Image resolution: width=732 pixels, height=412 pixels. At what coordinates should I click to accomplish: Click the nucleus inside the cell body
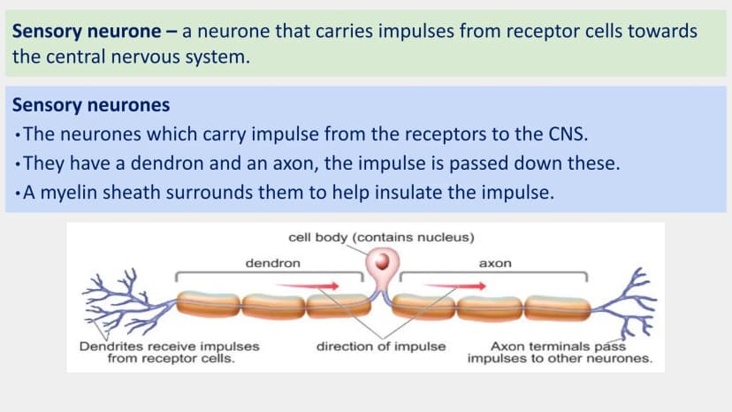pos(382,261)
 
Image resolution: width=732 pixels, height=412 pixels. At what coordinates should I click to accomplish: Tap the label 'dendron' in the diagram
pos(272,263)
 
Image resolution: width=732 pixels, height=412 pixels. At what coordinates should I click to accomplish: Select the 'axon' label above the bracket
pos(495,263)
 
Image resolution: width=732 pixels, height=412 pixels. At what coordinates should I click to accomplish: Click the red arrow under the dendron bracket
pos(308,286)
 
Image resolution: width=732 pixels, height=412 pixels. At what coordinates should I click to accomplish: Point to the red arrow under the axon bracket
pos(455,286)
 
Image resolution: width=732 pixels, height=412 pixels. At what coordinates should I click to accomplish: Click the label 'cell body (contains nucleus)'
pos(381,237)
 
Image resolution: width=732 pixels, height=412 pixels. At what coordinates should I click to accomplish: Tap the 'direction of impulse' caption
pos(381,347)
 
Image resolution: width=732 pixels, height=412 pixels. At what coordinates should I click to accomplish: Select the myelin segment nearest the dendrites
pos(209,304)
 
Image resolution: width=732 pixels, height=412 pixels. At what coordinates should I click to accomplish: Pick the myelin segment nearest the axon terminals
pos(557,308)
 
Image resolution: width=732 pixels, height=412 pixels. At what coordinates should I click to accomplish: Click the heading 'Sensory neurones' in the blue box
pos(91,104)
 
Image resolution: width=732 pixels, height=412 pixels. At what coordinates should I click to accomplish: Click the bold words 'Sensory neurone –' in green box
pos(95,31)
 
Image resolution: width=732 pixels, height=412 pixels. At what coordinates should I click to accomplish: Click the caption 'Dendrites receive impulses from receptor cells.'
pos(170,352)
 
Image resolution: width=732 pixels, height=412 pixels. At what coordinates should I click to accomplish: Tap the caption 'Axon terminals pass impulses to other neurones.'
pos(560,352)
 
